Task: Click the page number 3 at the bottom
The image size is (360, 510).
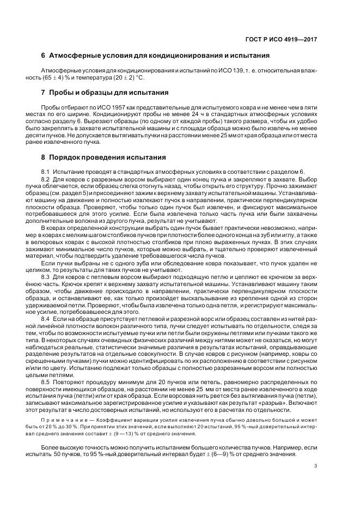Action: coord(315,465)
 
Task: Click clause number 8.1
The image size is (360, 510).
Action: coord(46,172)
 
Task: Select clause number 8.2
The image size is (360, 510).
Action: coord(46,179)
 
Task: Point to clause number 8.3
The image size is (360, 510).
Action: coord(46,277)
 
